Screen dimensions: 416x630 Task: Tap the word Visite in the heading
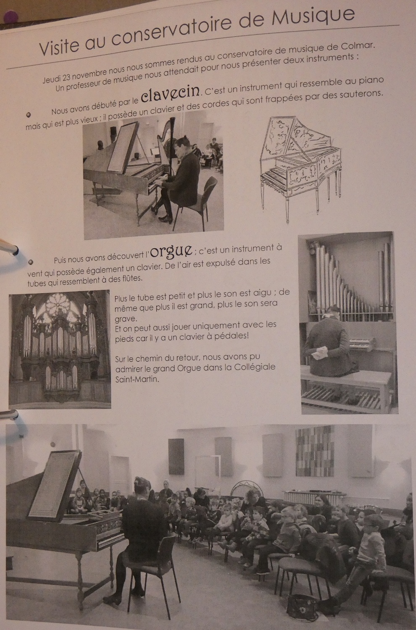point(59,47)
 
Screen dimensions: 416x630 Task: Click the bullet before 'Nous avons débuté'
point(29,115)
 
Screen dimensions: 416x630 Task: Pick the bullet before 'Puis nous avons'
point(31,262)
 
